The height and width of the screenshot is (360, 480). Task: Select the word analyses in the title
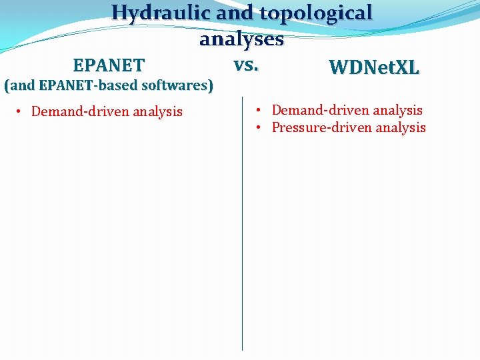241,39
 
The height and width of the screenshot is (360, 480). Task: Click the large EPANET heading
109,65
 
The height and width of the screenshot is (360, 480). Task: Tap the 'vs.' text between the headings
246,65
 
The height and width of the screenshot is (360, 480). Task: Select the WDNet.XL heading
374,67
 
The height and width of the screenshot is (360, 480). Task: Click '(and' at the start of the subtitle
20,85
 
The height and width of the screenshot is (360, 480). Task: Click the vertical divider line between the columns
242,227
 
